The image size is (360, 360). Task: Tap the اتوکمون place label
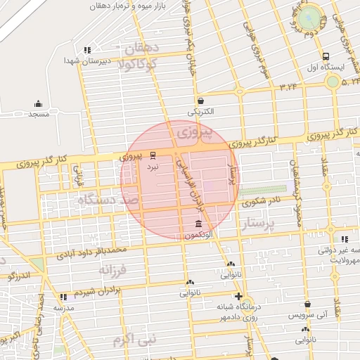coord(200,237)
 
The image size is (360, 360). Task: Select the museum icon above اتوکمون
coord(200,225)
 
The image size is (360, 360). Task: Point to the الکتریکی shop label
coord(201,112)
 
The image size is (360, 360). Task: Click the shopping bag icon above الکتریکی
coord(201,101)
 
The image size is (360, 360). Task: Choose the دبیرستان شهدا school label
coord(86,61)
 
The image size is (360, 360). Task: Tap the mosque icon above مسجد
coord(38,103)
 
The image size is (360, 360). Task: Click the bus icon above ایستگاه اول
coord(326,56)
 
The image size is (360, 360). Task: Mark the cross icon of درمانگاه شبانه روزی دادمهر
coord(239,297)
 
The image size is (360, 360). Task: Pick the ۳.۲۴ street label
coord(288,86)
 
